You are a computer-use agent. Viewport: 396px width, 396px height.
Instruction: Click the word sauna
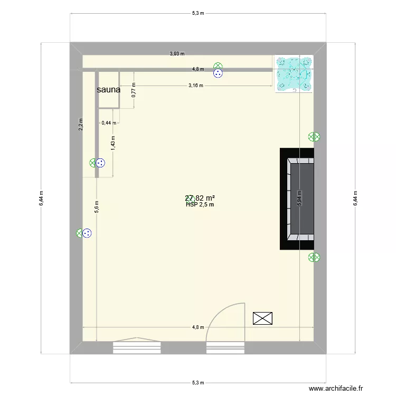click(108, 90)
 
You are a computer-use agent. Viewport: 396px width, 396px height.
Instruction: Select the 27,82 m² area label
click(200, 199)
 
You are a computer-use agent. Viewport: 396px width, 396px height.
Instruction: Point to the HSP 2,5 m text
click(200, 205)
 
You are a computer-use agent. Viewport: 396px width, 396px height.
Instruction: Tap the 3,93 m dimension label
click(176, 53)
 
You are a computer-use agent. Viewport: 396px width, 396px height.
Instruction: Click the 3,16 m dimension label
click(196, 86)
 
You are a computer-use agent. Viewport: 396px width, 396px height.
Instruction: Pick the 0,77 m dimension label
click(134, 90)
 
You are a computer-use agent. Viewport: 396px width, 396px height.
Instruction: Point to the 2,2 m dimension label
click(81, 124)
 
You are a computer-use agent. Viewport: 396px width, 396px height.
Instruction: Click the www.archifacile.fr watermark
click(336, 388)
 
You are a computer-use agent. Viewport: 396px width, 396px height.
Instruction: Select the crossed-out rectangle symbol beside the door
click(263, 318)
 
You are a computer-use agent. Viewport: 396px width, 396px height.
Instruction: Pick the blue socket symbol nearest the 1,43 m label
click(100, 163)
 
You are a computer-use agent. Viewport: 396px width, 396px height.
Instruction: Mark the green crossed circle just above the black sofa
click(314, 137)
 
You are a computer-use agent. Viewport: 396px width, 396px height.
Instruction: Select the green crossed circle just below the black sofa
click(314, 258)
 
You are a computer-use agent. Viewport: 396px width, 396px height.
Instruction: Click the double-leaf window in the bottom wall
click(137, 346)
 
